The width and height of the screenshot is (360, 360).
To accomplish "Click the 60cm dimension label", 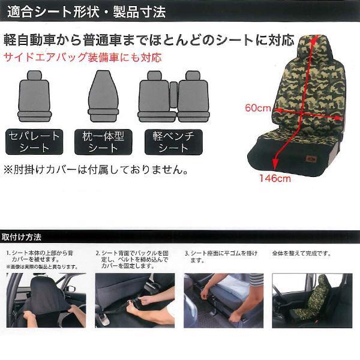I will point(257,108).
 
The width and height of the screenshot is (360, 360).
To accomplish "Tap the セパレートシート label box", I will point(34,142).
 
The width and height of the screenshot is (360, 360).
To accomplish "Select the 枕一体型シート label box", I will point(102,142).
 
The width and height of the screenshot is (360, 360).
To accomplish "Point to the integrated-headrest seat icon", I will point(102,95).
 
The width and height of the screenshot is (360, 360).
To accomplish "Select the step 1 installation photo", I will point(46,300).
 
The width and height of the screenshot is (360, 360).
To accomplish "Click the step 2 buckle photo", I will point(134,300).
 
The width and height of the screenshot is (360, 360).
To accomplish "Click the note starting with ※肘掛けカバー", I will point(96,170).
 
